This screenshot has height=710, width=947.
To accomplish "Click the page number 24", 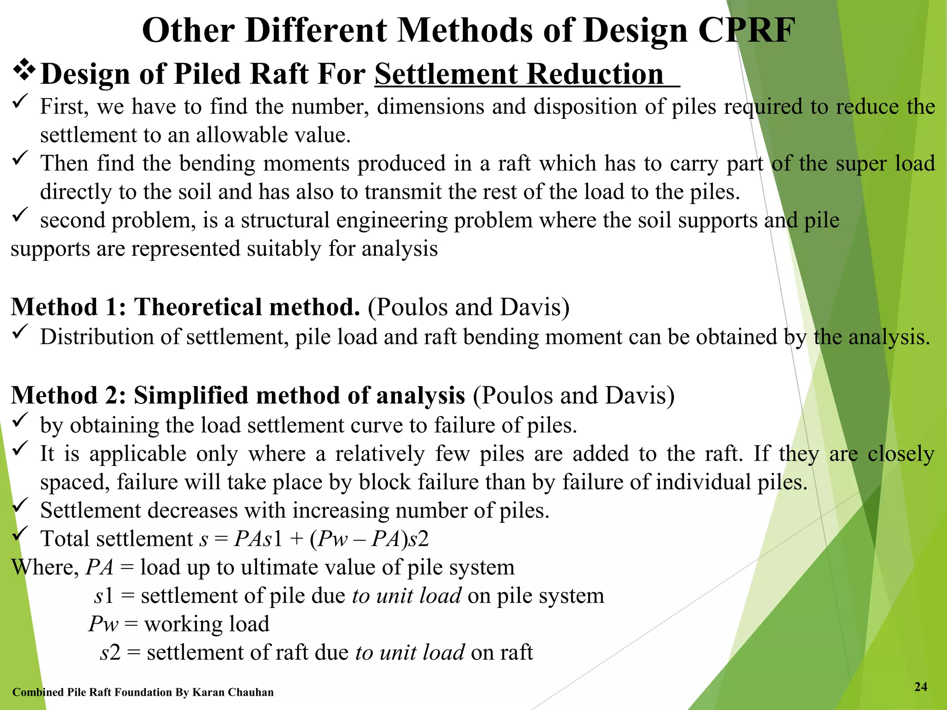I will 921,687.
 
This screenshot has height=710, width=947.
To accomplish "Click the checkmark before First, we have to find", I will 20,102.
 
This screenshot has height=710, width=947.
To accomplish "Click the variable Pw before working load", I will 104,624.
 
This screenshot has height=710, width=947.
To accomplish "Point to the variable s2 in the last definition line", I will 110,653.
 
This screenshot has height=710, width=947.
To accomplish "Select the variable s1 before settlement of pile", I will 104,596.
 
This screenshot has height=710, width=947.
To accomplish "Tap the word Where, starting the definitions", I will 44,567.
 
